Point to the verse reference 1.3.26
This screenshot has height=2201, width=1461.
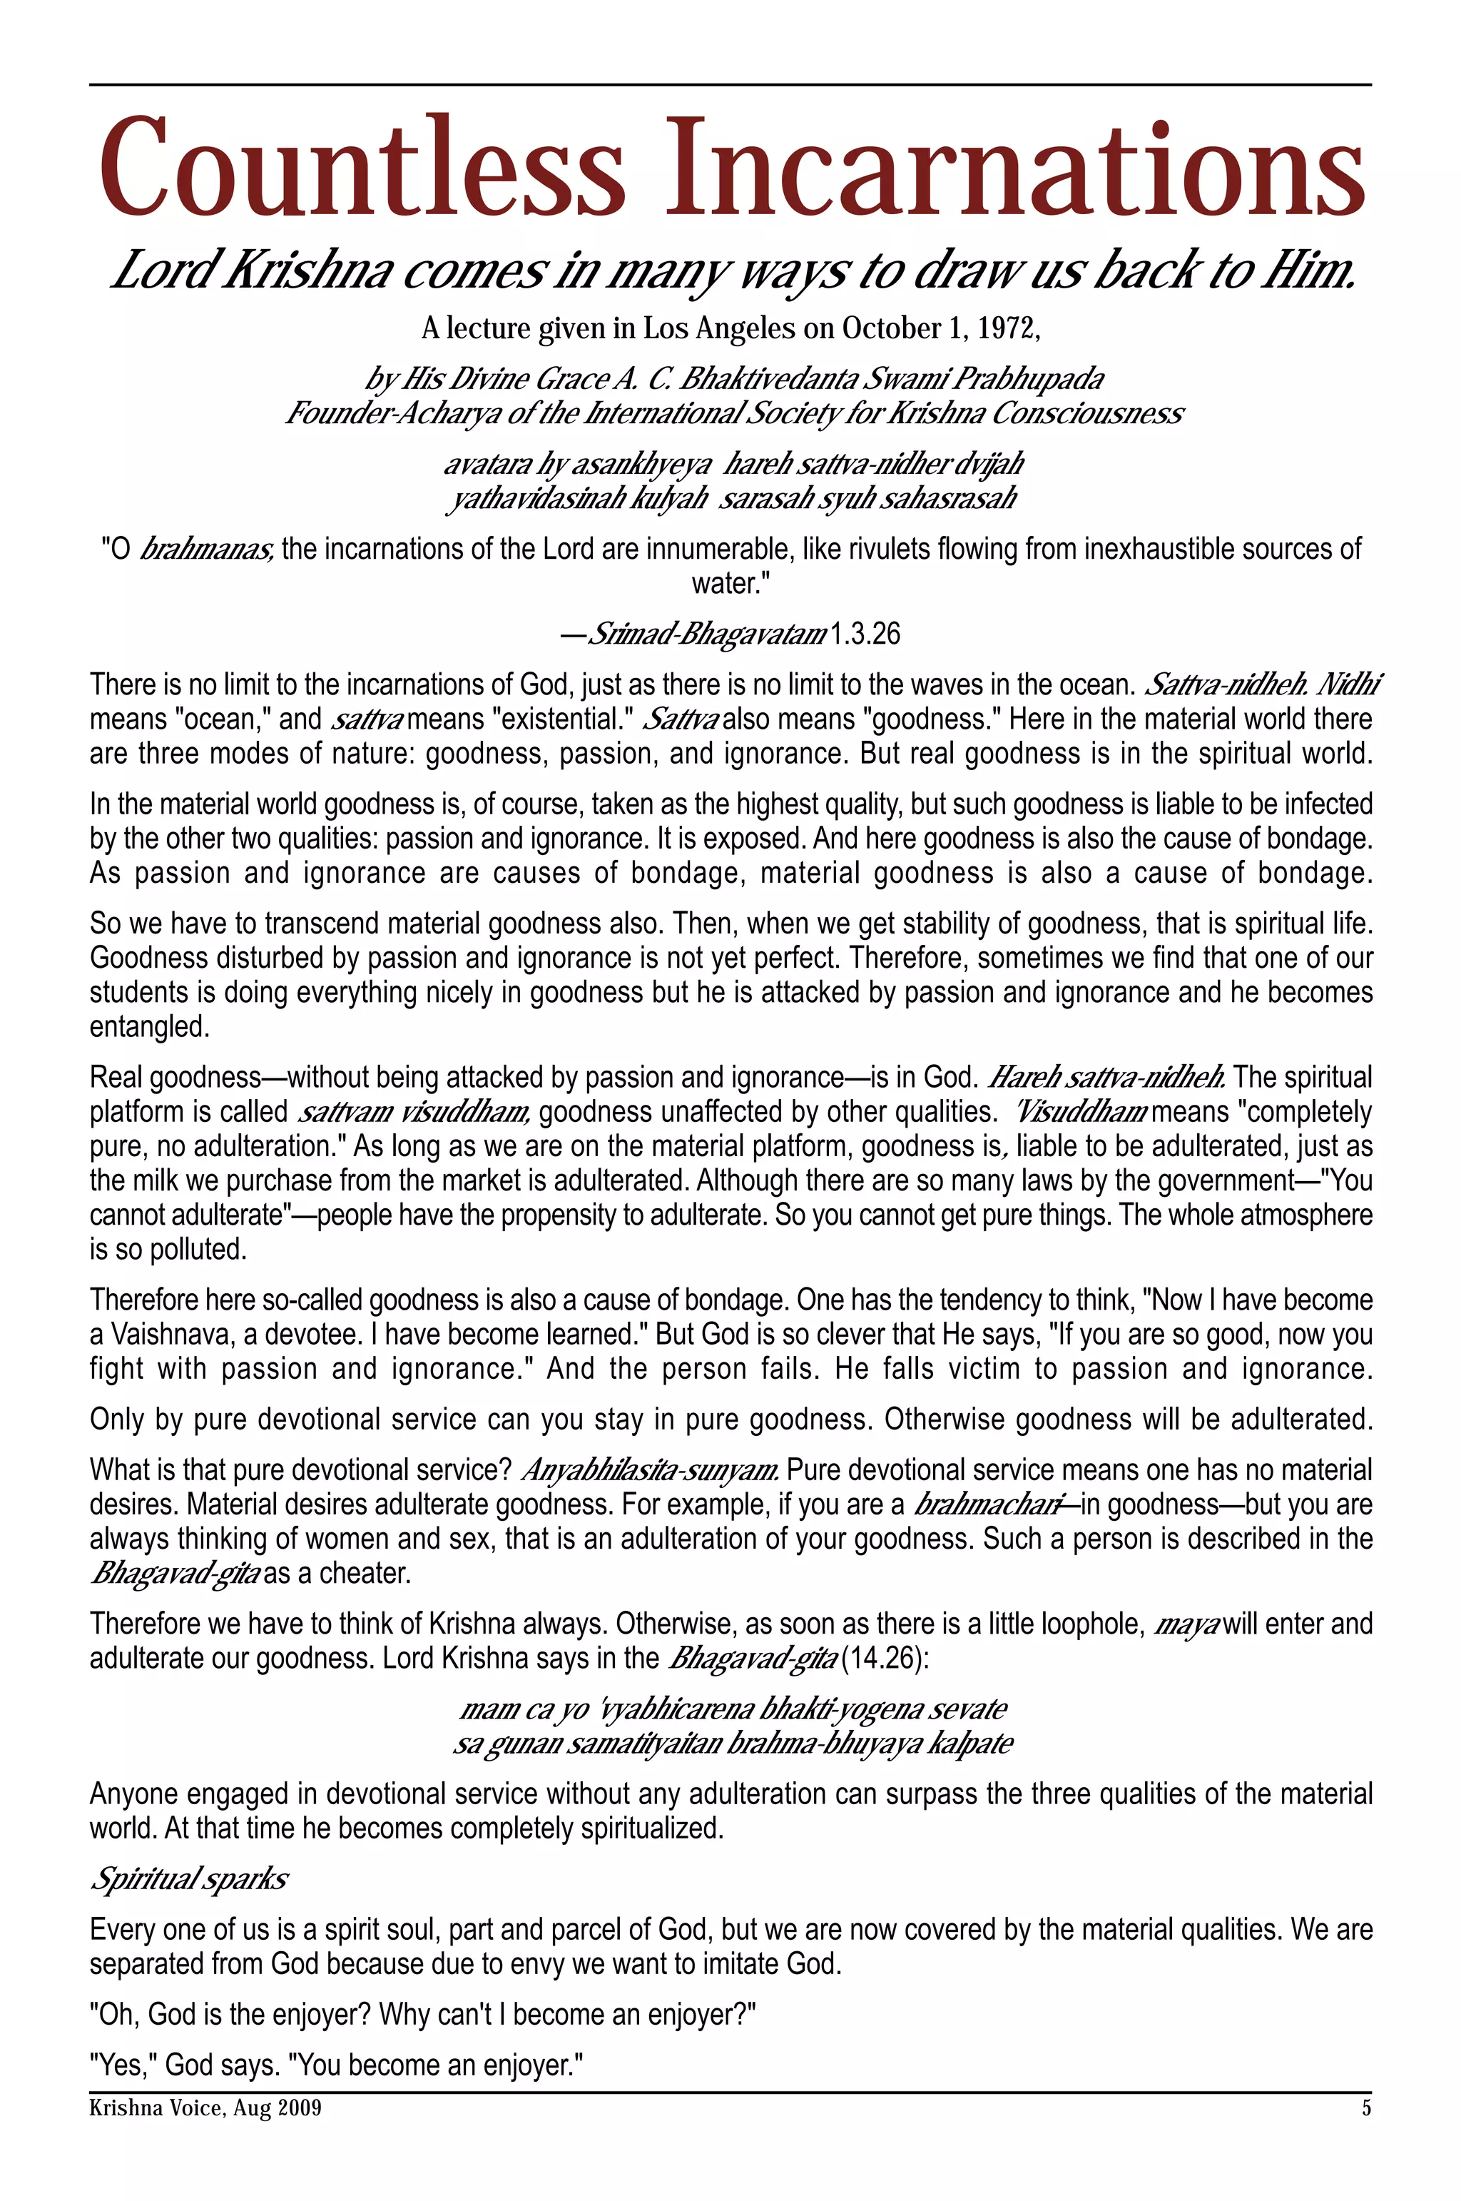tap(864, 634)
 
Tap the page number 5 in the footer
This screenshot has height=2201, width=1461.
tap(1366, 2108)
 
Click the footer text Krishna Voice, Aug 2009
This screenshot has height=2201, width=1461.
tap(205, 2108)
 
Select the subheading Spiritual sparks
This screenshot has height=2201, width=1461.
tap(189, 1878)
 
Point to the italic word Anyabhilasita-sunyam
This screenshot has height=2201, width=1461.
tap(649, 1470)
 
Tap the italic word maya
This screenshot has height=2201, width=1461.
tap(1186, 1624)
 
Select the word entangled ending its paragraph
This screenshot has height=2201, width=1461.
tap(149, 1027)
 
